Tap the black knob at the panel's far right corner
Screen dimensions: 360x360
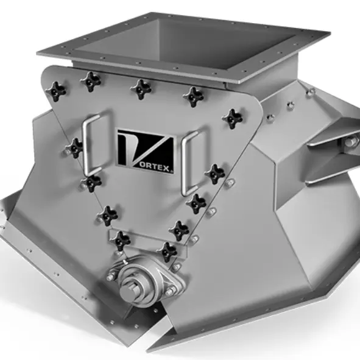(233, 118)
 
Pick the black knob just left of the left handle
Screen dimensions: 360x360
(74, 147)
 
